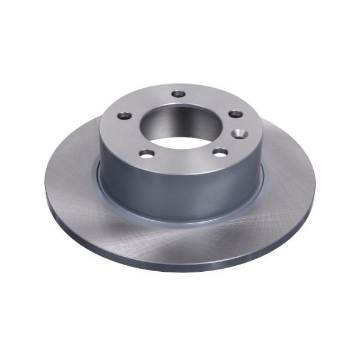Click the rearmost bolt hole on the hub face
pos(179,94)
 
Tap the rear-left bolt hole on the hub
pos(124,115)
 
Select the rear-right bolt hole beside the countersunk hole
pos(236,114)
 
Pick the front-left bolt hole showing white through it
pos(146,154)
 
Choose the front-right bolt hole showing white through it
pos(220,152)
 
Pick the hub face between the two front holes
pos(183,159)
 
